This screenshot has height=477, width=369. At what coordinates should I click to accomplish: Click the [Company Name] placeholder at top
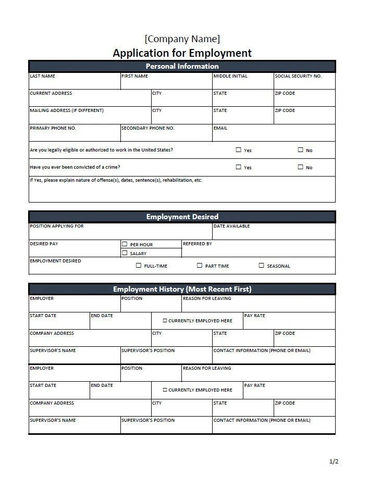pyautogui.click(x=182, y=39)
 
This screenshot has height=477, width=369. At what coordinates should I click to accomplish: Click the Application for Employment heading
pyautogui.click(x=182, y=53)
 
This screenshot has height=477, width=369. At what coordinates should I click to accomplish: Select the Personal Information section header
pyautogui.click(x=182, y=66)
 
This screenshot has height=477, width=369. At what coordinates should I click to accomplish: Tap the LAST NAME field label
pyautogui.click(x=42, y=76)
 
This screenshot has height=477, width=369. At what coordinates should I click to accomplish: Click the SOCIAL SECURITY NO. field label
pyautogui.click(x=298, y=76)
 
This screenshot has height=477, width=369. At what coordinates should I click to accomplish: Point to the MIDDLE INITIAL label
pyautogui.click(x=230, y=76)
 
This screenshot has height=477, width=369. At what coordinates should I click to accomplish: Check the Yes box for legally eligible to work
pyautogui.click(x=239, y=150)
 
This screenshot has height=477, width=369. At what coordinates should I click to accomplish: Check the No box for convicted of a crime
pyautogui.click(x=300, y=167)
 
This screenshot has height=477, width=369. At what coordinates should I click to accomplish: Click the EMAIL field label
pyautogui.click(x=220, y=128)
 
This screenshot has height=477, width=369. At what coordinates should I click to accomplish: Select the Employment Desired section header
pyautogui.click(x=182, y=217)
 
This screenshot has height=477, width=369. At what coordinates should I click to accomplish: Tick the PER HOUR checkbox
pyautogui.click(x=125, y=244)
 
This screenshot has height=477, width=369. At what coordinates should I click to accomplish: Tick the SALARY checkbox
pyautogui.click(x=125, y=253)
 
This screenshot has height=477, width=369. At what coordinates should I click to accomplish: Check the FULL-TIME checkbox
pyautogui.click(x=139, y=266)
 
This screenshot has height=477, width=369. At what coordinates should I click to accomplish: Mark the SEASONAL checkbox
pyautogui.click(x=262, y=266)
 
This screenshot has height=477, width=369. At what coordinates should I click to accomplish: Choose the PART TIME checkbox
pyautogui.click(x=200, y=266)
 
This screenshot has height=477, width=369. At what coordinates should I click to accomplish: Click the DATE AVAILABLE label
pyautogui.click(x=231, y=226)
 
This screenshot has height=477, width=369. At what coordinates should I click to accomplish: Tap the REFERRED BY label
pyautogui.click(x=197, y=244)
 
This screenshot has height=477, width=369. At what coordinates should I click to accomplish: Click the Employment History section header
pyautogui.click(x=182, y=289)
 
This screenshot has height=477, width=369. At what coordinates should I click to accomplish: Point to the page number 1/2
pyautogui.click(x=334, y=461)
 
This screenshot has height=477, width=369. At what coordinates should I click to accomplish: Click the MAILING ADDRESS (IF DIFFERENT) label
pyautogui.click(x=67, y=110)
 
